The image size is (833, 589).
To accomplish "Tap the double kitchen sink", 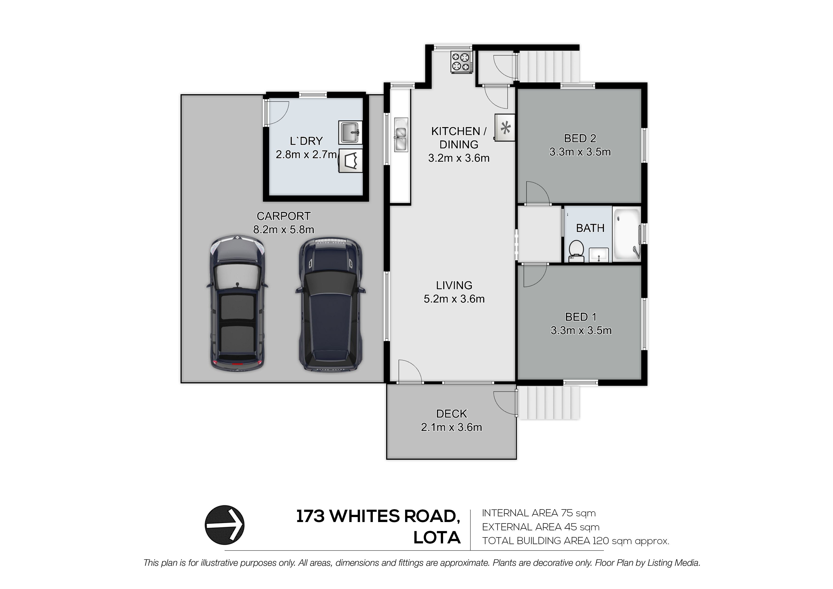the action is tap(401, 134).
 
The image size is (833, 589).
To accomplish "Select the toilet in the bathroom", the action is tap(575, 252).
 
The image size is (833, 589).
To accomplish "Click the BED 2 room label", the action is tap(580, 138).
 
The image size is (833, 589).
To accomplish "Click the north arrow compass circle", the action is tap(225, 525).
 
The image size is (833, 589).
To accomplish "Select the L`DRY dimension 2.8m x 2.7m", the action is tap(307, 155).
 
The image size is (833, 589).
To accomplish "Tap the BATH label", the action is tap(590, 228).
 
